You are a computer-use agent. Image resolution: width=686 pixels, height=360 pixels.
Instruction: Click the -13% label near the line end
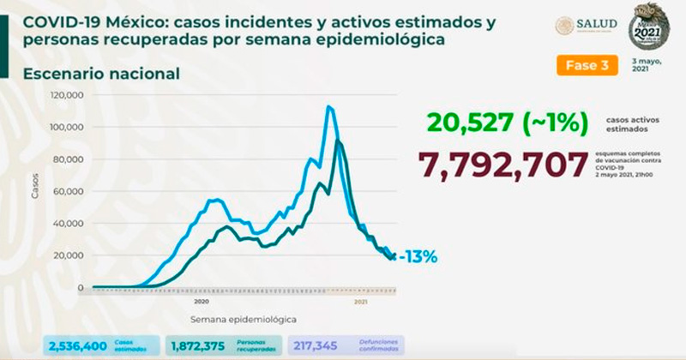click(x=420, y=256)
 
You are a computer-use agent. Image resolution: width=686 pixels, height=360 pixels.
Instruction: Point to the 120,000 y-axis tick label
click(x=67, y=95)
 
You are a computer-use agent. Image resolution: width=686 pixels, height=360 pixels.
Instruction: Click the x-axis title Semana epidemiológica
click(x=244, y=319)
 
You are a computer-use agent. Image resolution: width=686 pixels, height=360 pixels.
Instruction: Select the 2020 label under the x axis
click(x=201, y=303)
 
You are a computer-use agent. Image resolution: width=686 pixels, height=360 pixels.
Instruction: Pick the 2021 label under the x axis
click(x=362, y=303)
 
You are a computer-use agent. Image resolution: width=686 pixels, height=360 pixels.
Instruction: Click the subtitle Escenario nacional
click(x=101, y=75)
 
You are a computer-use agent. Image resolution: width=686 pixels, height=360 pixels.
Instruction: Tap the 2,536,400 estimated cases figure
click(x=78, y=345)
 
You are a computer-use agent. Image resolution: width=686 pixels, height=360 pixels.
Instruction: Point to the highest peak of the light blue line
click(x=328, y=106)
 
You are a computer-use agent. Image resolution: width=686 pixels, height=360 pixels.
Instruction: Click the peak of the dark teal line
click(x=339, y=141)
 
